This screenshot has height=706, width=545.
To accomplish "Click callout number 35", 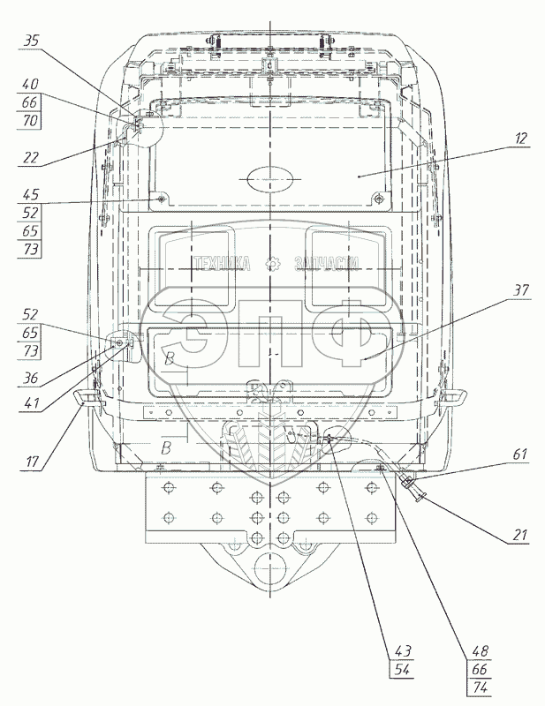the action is click(x=31, y=41).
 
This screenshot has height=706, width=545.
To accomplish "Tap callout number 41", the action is click(x=30, y=403).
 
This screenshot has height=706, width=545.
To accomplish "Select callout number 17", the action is click(x=30, y=460).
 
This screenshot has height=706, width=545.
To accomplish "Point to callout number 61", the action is click(x=519, y=454).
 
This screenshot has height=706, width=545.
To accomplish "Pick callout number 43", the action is click(x=403, y=651).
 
